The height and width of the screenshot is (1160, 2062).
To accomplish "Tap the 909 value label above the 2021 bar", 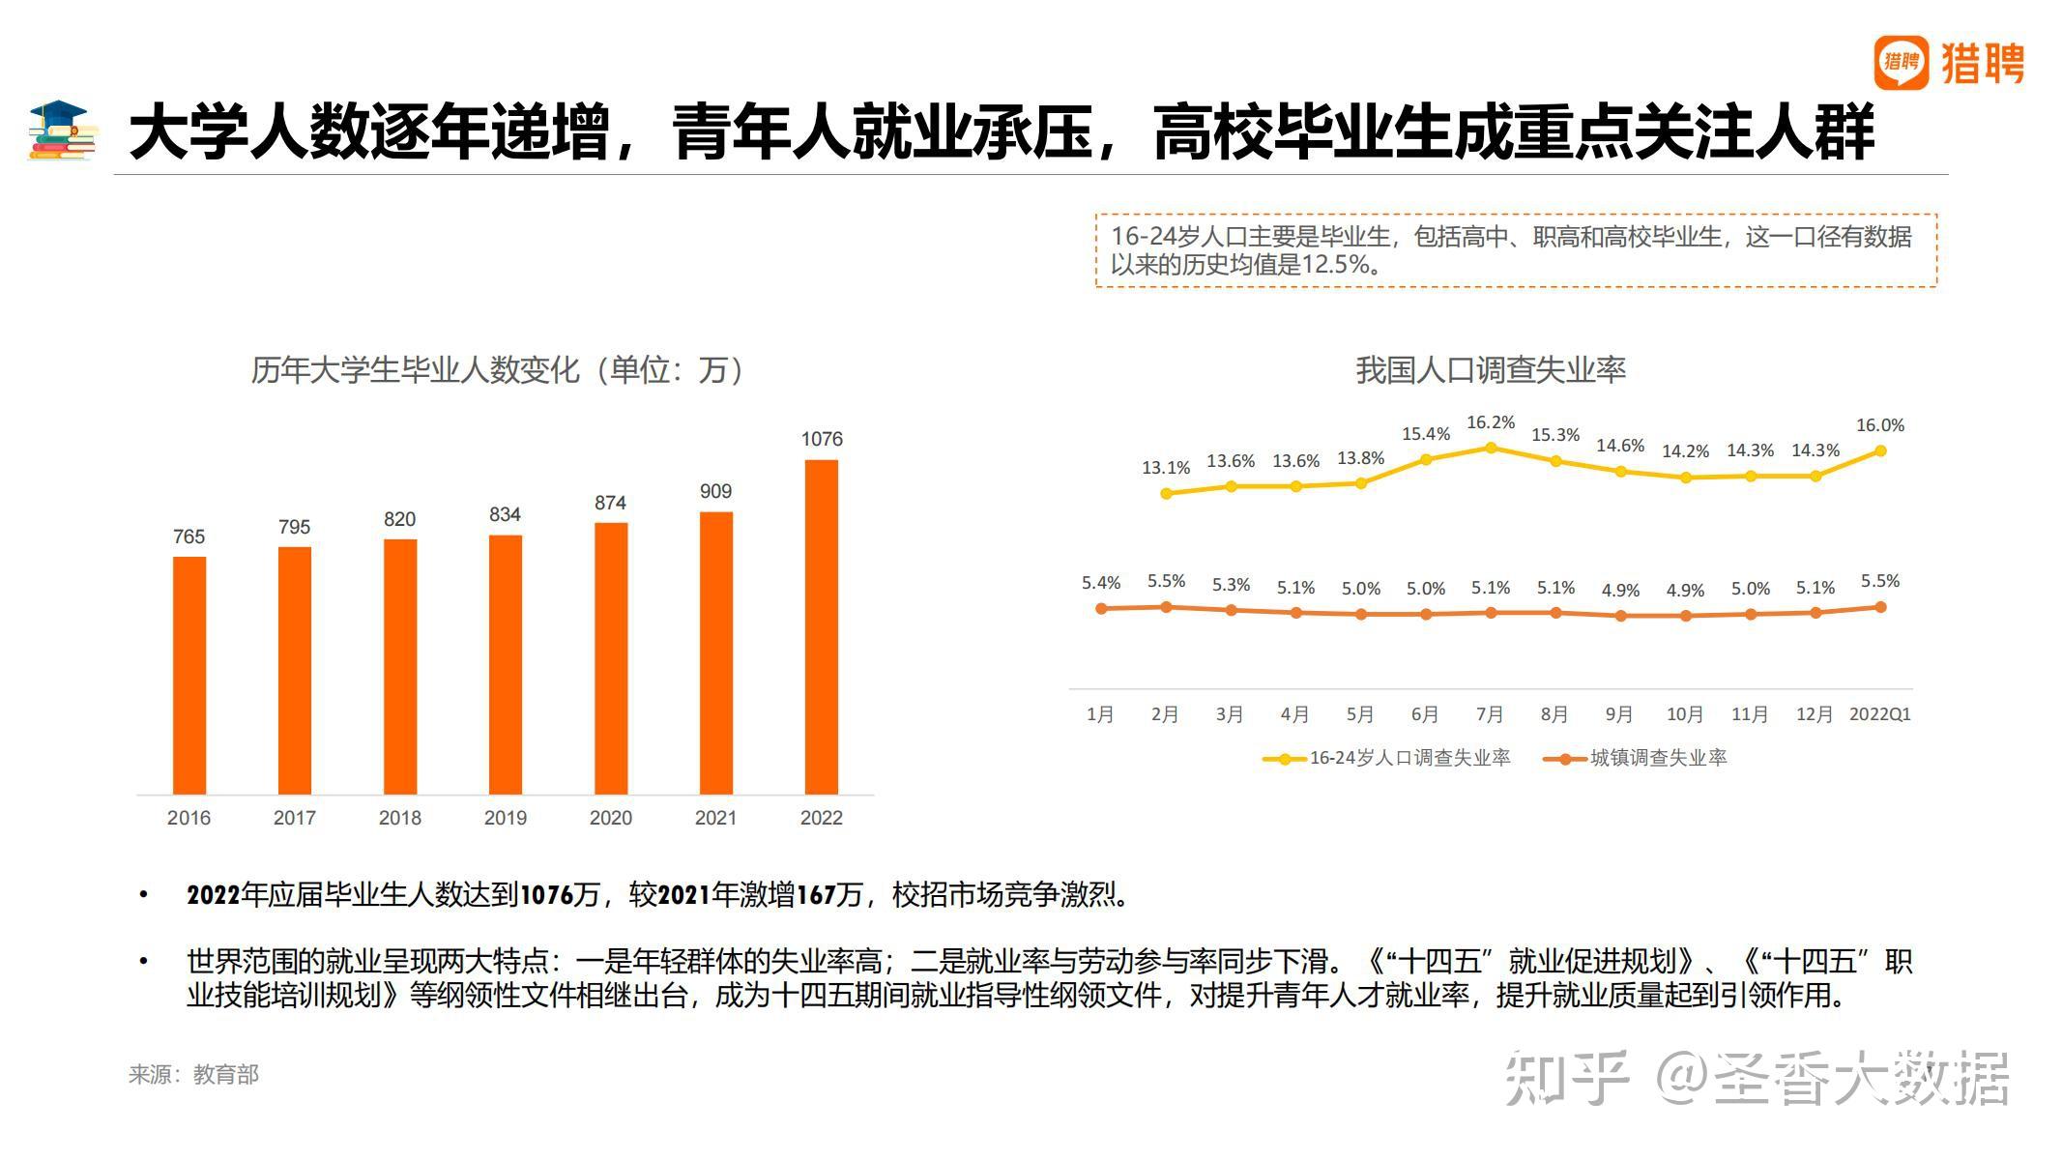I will pyautogui.click(x=715, y=491).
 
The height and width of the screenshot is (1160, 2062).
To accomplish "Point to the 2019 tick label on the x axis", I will pyautogui.click(x=505, y=818).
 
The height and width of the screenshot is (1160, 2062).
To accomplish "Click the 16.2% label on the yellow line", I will pyautogui.click(x=1491, y=422).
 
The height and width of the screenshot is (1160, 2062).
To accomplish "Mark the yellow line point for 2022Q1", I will pyautogui.click(x=1880, y=450).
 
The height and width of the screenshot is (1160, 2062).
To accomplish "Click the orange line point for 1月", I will pyautogui.click(x=1101, y=608).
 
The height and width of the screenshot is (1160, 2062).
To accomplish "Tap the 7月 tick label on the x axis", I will pyautogui.click(x=1490, y=714).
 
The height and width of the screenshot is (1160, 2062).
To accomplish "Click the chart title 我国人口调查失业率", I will pyautogui.click(x=1490, y=369).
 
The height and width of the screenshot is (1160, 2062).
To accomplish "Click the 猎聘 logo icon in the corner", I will pyautogui.click(x=1901, y=63).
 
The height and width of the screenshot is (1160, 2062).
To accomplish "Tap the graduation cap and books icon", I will pyautogui.click(x=63, y=130).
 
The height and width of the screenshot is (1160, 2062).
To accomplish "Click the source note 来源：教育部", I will pyautogui.click(x=193, y=1074).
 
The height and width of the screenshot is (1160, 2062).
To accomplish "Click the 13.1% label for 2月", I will pyautogui.click(x=1166, y=468).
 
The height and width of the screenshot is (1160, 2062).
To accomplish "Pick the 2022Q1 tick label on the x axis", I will pyautogui.click(x=1880, y=714).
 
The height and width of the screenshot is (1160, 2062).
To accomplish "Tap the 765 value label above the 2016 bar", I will pyautogui.click(x=189, y=536).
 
